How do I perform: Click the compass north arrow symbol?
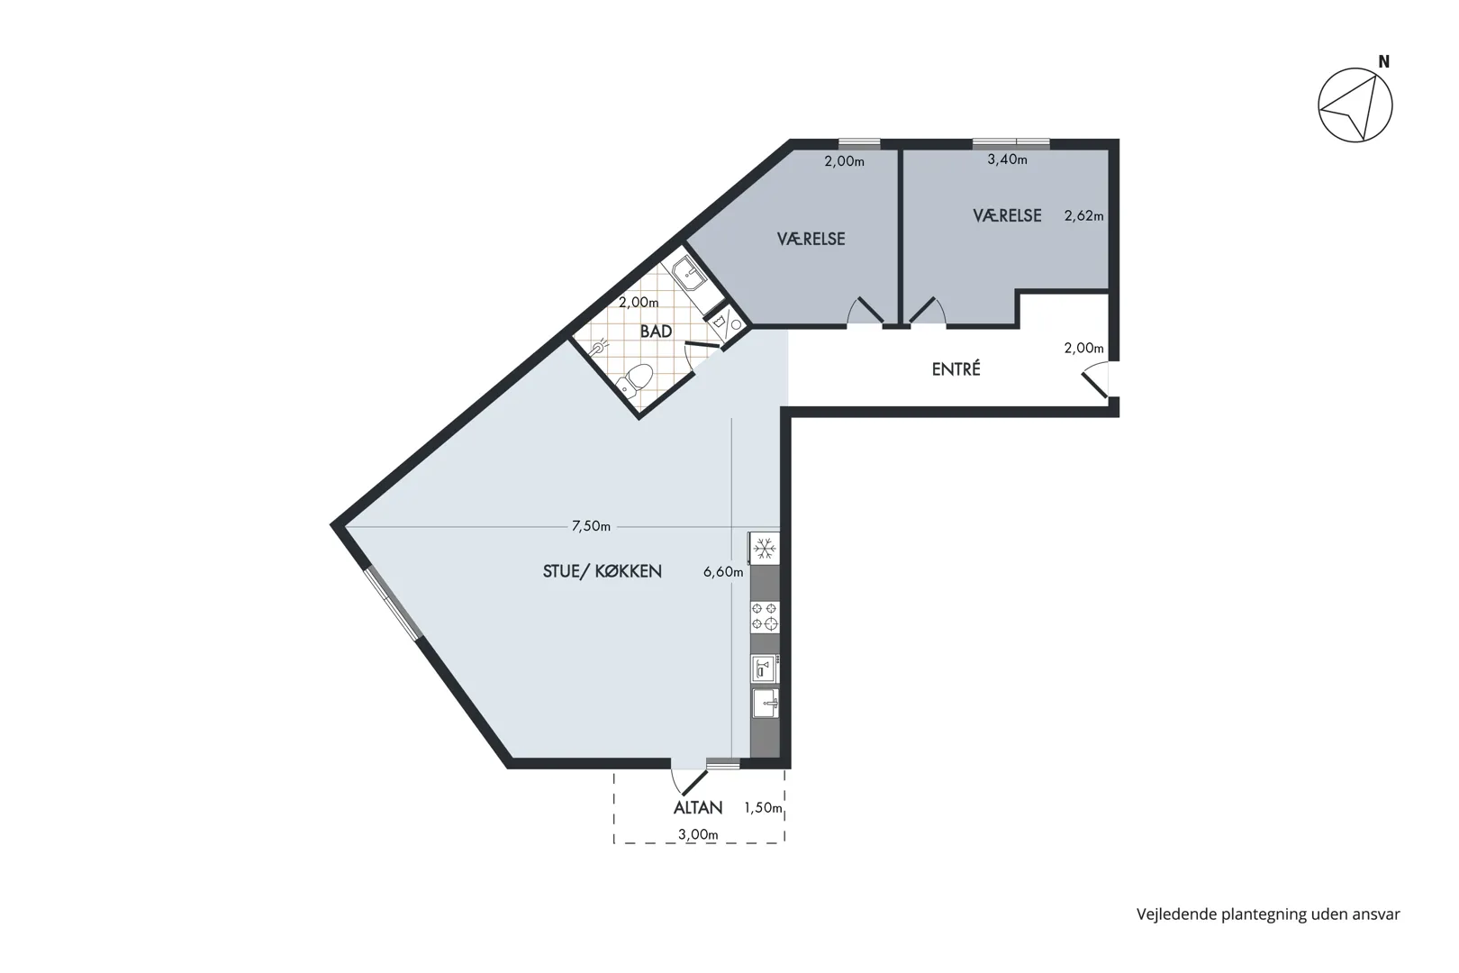[x=1355, y=105]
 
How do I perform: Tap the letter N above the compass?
[x=1384, y=62]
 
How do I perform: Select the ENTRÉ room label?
[x=956, y=369]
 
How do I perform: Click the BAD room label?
[x=656, y=331]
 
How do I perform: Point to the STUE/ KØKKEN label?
[x=603, y=571]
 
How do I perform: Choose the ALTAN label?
[x=698, y=808]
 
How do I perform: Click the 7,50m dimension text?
[x=592, y=526]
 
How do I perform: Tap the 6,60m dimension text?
[x=723, y=572]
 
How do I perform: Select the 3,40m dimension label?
[x=1007, y=159]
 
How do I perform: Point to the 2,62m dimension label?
[x=1083, y=215]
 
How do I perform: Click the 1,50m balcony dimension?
[x=764, y=808]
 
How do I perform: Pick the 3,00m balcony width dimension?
[x=698, y=835]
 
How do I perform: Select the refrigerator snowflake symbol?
[x=765, y=549]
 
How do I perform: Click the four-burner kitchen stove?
[x=765, y=616]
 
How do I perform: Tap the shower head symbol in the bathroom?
[x=600, y=345]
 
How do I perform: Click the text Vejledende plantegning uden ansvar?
[x=1268, y=914]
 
